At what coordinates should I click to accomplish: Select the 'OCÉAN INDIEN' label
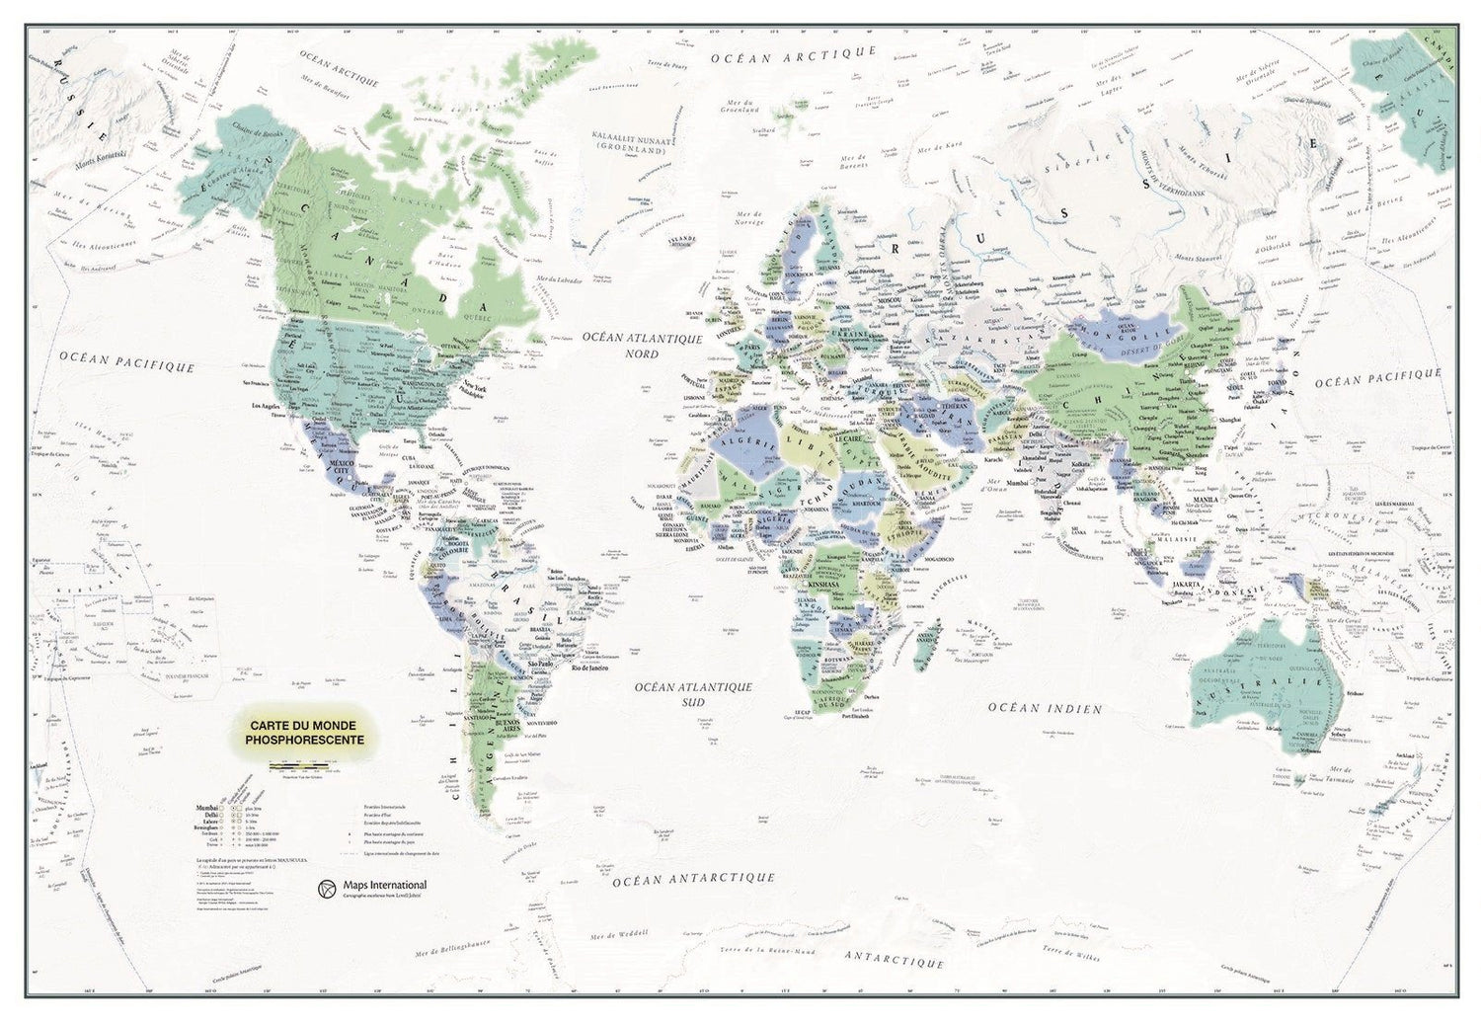[x=1046, y=707]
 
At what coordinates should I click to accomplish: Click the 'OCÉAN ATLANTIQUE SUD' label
[x=693, y=694]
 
